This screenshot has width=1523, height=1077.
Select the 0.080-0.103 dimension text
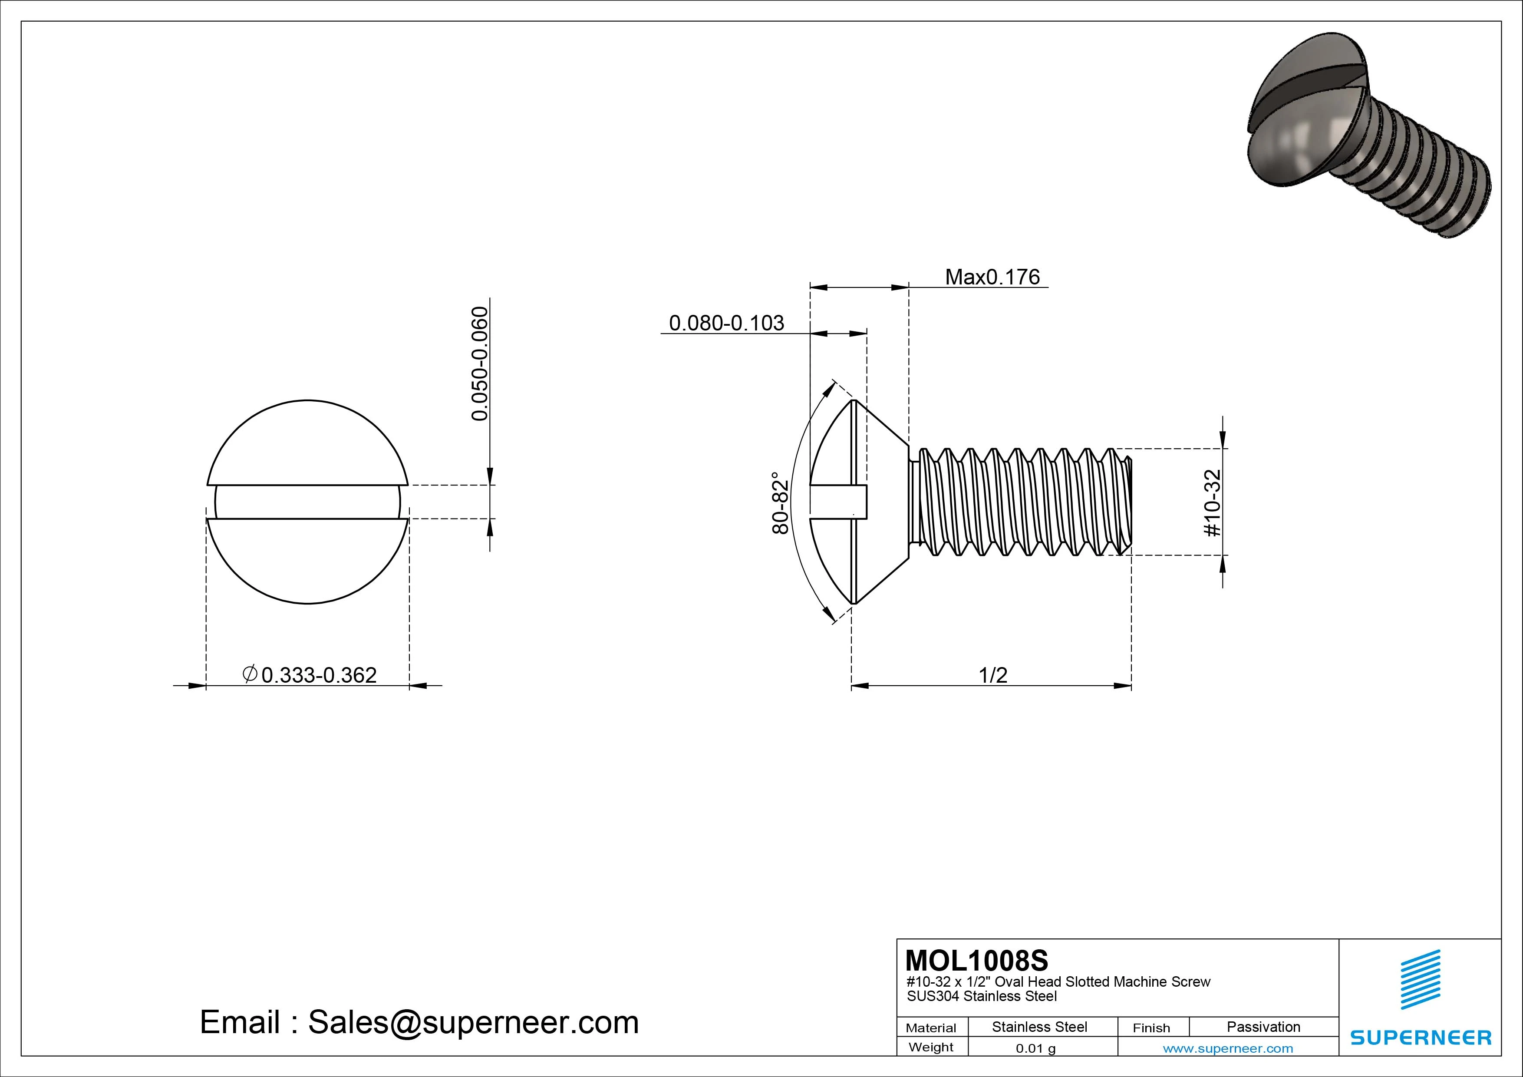click(x=726, y=323)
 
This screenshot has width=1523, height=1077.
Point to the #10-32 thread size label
click(x=1212, y=503)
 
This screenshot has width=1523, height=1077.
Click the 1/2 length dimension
click(x=993, y=676)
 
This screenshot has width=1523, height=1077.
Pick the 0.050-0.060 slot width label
click(x=480, y=363)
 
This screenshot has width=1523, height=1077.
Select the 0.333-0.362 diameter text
click(x=319, y=676)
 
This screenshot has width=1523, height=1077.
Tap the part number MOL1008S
click(x=976, y=960)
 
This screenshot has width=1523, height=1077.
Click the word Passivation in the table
click(x=1263, y=1027)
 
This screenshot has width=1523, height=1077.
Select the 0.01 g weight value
click(x=1035, y=1048)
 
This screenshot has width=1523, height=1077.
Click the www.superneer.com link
click(x=1228, y=1048)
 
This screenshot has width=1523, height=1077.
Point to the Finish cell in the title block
click(x=1151, y=1027)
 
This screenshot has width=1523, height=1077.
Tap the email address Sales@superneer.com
click(x=473, y=1023)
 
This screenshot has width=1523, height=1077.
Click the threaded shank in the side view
click(x=1022, y=502)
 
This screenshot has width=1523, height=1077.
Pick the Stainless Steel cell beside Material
click(x=1039, y=1027)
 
